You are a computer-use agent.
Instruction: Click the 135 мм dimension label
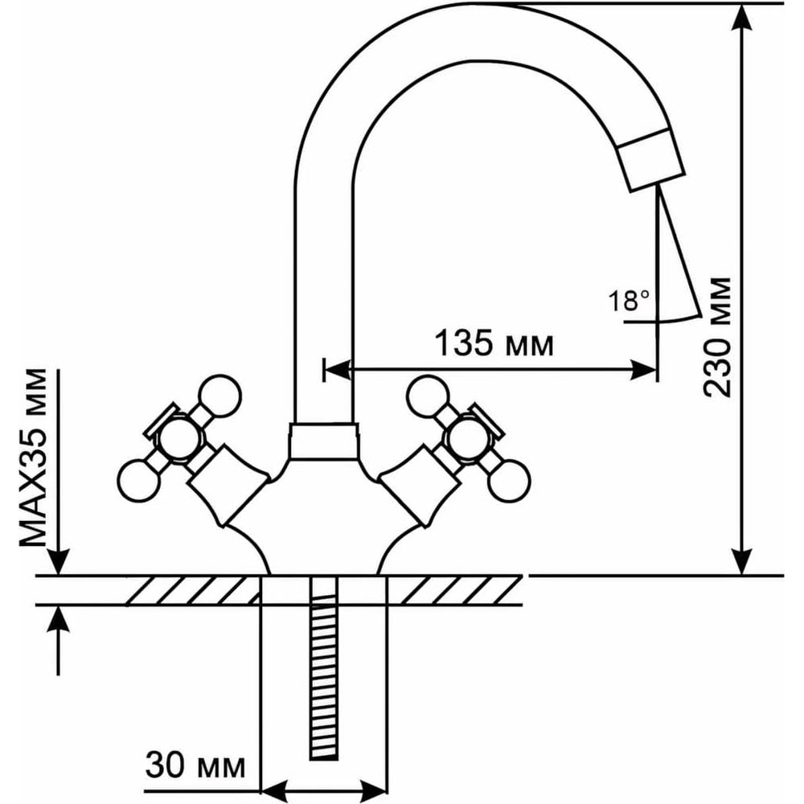click(494, 343)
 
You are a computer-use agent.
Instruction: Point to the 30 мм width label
click(195, 765)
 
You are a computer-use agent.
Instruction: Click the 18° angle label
click(629, 302)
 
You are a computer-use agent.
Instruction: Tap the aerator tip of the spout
click(654, 160)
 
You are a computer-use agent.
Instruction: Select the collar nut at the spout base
click(322, 440)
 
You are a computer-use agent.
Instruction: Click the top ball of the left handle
click(220, 395)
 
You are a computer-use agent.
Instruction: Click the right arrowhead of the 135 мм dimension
click(648, 370)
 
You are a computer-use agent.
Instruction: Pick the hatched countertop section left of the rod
click(193, 591)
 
